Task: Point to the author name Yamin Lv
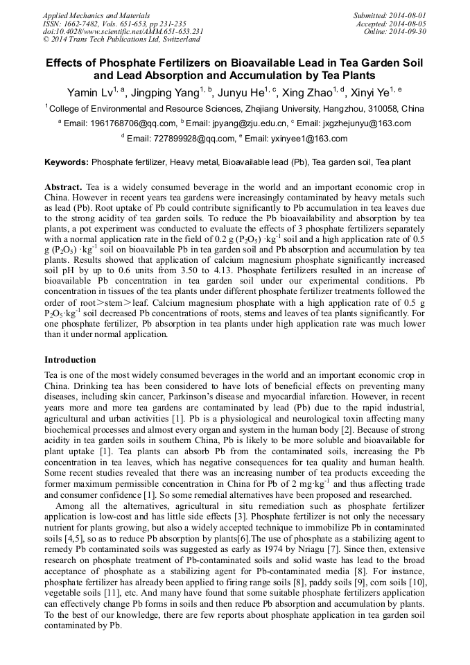[x=92, y=92]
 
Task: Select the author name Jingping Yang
[x=164, y=92]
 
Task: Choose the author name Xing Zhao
[x=315, y=92]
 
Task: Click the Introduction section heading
[x=70, y=360]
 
